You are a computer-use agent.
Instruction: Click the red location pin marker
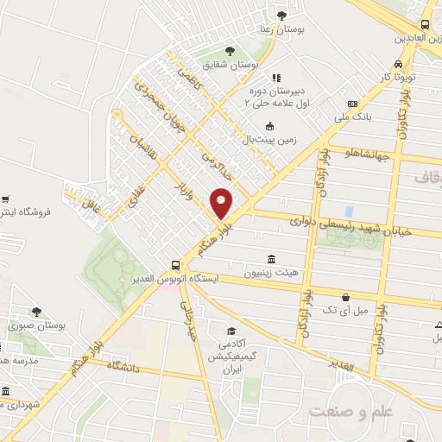click(x=222, y=203)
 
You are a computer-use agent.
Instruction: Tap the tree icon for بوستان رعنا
click(x=282, y=15)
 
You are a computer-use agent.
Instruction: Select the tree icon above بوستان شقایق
click(x=229, y=51)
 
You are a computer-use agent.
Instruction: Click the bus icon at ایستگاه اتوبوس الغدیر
click(x=176, y=266)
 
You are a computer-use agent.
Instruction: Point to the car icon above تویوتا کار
click(x=397, y=64)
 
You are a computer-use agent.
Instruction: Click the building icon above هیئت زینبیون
click(x=272, y=259)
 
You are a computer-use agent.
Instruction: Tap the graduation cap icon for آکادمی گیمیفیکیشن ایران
click(x=230, y=331)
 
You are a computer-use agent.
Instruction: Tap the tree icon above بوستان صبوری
click(x=36, y=313)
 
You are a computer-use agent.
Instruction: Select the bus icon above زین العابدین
click(x=425, y=25)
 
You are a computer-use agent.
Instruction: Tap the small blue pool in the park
click(x=349, y=212)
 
